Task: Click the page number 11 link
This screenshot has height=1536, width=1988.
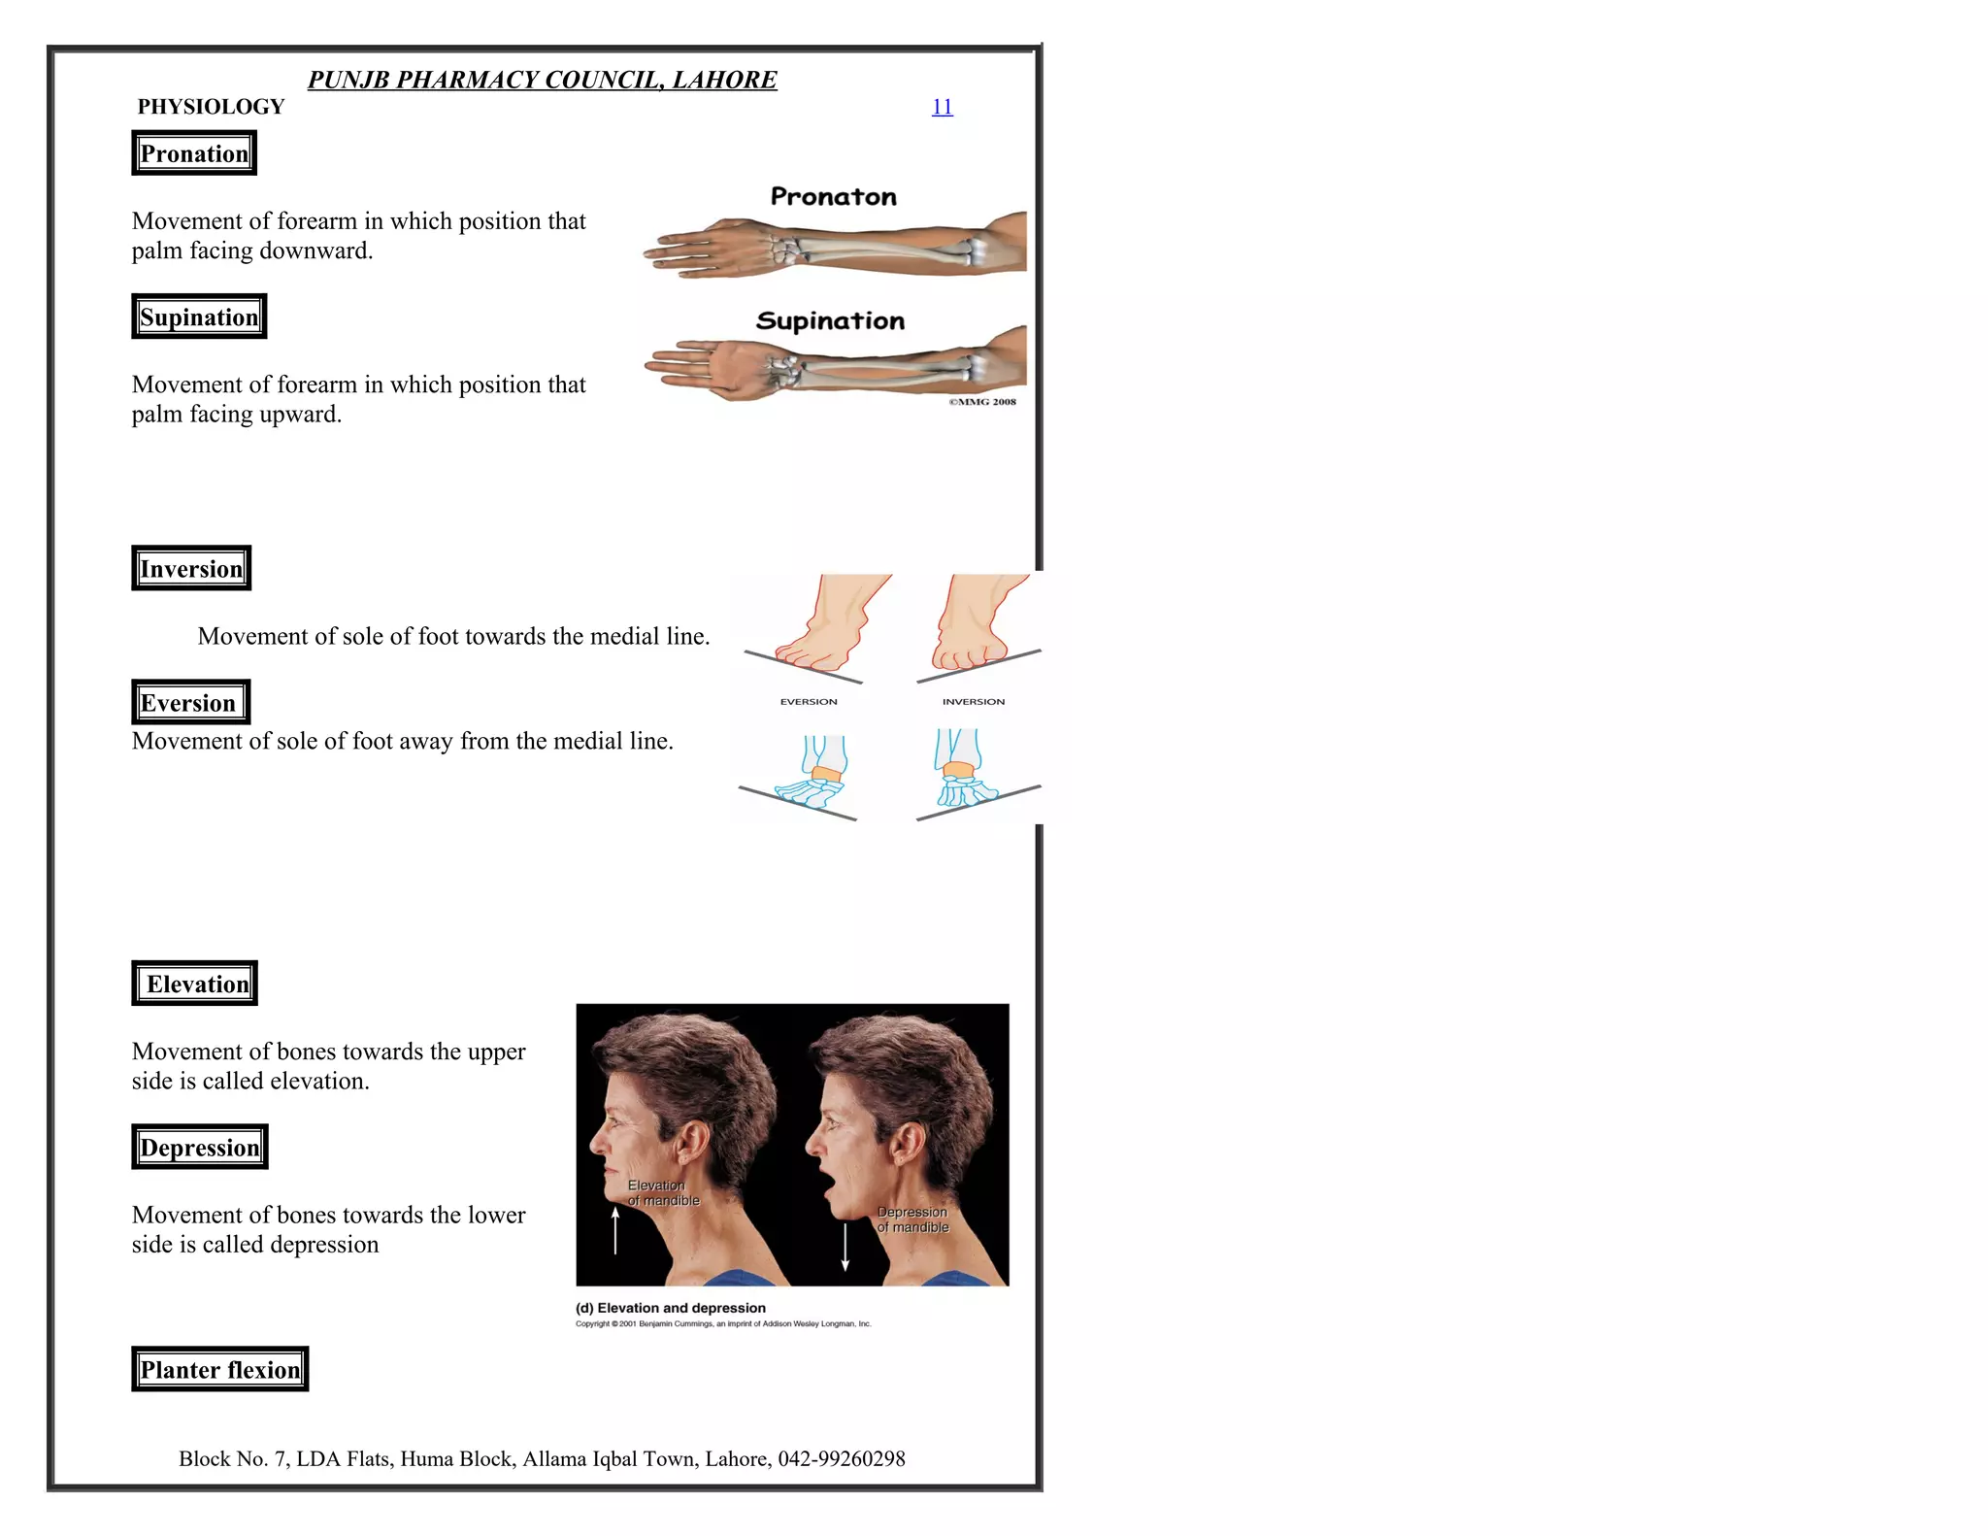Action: pos(942,107)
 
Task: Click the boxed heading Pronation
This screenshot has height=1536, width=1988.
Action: pos(194,153)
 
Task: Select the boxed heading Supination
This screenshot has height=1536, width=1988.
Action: pos(199,317)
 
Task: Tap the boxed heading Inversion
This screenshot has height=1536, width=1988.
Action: pos(191,568)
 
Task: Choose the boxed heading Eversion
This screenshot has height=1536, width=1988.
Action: pos(190,702)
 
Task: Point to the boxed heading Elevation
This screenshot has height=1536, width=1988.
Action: pos(195,984)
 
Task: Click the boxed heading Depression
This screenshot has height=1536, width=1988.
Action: pos(200,1147)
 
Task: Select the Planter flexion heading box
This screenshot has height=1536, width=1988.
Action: pos(220,1369)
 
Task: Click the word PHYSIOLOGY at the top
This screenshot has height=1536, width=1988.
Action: pos(211,107)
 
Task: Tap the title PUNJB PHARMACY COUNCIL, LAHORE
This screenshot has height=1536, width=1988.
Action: pos(542,80)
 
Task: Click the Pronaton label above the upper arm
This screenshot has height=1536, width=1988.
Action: pos(833,197)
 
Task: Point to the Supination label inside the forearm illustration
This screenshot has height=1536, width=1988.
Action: pos(830,321)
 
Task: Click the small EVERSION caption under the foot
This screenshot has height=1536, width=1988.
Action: pos(809,701)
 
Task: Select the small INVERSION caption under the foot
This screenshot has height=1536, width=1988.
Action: pos(974,701)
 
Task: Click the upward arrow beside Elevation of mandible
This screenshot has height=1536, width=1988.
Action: pos(615,1231)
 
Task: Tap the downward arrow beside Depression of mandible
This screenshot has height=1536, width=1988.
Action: pos(845,1247)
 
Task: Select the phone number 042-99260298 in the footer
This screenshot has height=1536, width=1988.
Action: pos(842,1458)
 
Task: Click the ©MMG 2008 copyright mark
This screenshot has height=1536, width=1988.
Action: pos(982,402)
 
